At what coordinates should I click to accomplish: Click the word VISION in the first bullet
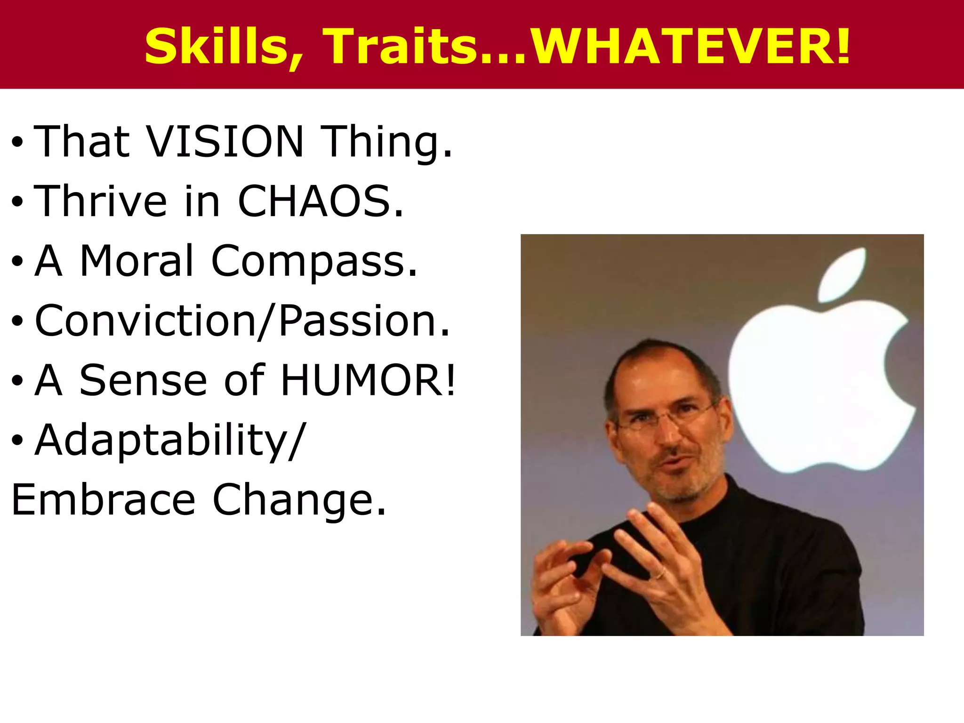click(x=225, y=141)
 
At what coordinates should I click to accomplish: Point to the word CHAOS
click(x=320, y=201)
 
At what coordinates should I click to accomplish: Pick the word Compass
click(x=314, y=262)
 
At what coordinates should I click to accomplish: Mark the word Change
click(x=299, y=501)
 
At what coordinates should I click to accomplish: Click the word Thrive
click(x=101, y=201)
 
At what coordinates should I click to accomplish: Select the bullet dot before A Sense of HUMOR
click(x=17, y=381)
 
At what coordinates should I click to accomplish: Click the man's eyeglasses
click(x=666, y=417)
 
